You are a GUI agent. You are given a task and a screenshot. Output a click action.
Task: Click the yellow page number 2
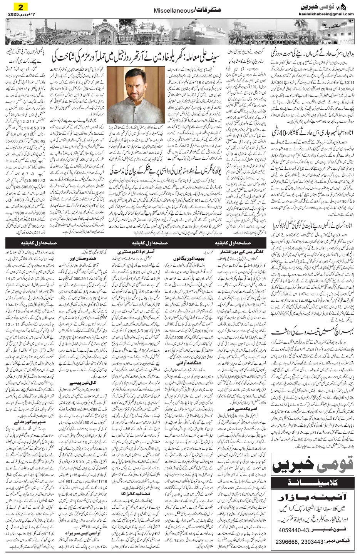click(17, 7)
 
